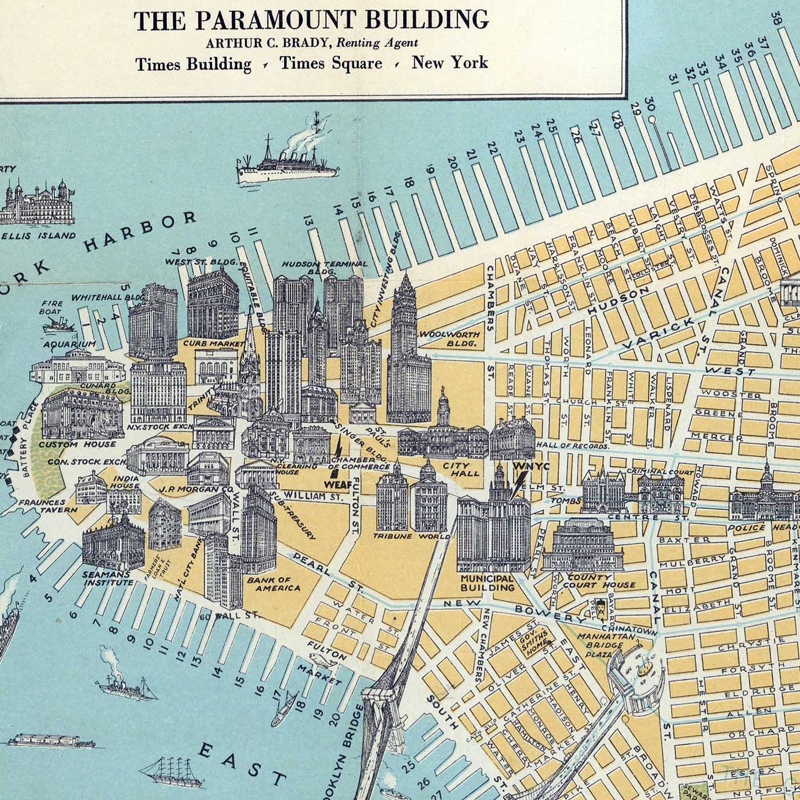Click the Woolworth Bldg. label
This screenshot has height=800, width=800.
pos(448,339)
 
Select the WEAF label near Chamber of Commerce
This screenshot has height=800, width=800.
pos(335,482)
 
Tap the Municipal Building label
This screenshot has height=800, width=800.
pos(487,582)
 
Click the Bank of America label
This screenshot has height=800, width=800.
pos(274,583)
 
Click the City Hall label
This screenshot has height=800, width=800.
pos(461,468)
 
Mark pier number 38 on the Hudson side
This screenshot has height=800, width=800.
pos(777,19)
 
